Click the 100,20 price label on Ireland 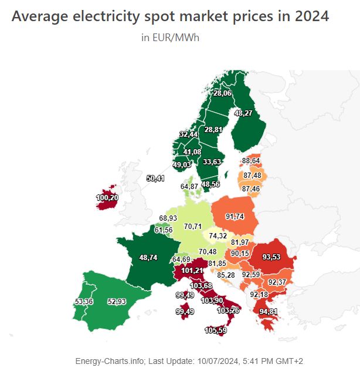107,198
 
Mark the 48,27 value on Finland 243,113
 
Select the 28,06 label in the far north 222,93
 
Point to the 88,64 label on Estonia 251,160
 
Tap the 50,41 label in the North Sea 155,178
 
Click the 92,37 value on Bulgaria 277,282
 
